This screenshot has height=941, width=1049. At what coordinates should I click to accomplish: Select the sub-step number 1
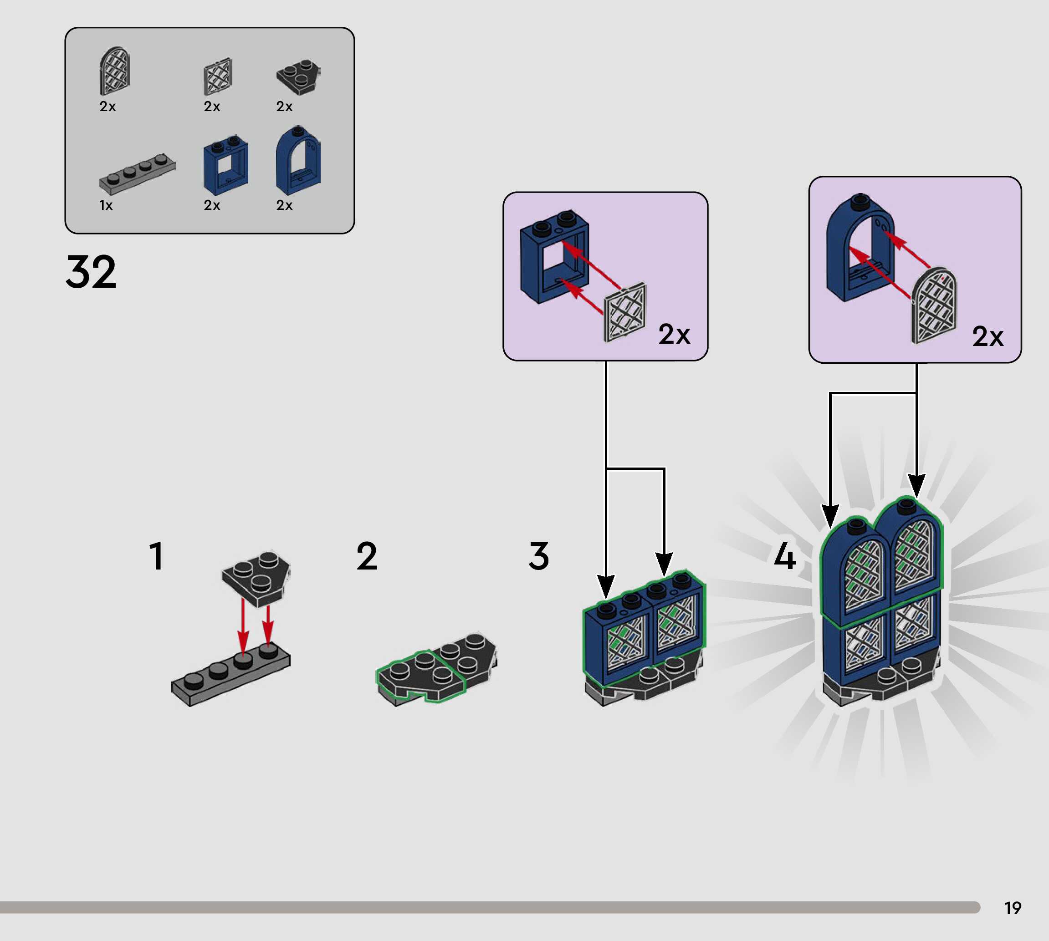(x=156, y=557)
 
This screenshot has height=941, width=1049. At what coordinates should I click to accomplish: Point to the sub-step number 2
(x=367, y=557)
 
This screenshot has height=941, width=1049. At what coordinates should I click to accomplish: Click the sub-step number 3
(x=538, y=557)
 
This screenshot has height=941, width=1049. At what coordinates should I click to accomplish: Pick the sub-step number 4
(x=784, y=557)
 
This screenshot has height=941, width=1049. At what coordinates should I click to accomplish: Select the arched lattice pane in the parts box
(x=114, y=71)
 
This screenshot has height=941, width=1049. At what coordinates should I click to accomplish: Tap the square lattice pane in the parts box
(x=218, y=76)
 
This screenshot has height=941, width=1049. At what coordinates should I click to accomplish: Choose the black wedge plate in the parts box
(x=298, y=76)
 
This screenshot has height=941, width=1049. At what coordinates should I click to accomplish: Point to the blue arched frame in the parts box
(x=298, y=160)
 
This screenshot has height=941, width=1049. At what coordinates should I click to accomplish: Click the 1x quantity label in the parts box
(x=106, y=206)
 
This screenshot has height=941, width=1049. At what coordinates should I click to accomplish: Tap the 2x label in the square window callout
(x=674, y=335)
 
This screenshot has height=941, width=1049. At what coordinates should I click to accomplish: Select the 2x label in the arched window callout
(x=988, y=336)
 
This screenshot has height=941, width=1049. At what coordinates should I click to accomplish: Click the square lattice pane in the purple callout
(x=625, y=313)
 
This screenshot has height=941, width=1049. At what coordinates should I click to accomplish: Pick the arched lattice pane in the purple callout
(x=934, y=306)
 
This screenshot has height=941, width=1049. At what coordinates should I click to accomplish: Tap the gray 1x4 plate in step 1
(x=230, y=674)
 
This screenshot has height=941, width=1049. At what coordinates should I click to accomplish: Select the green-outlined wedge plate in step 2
(x=420, y=675)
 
